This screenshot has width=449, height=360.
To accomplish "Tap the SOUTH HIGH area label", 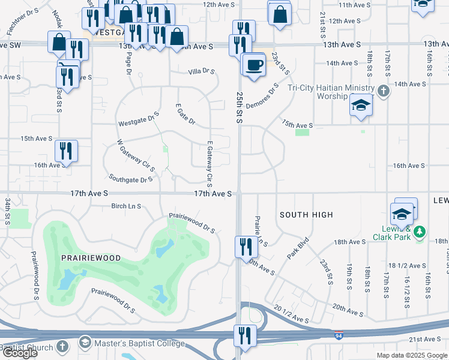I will pos(306,214).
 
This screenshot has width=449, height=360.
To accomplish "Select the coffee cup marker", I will pos(254,65).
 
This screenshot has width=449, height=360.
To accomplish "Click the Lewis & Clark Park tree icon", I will pos(421,231).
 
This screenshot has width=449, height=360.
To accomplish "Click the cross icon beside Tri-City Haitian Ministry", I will pos(384,92).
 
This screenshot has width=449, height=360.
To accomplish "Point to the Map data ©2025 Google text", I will pos(411,355).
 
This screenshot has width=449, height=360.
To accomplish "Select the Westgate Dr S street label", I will pos(139,118).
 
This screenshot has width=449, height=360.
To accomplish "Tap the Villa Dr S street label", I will pos(201,71).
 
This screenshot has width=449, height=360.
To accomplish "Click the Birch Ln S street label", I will pos(126,206).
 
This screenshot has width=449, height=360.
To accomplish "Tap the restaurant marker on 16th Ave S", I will pos(65,152).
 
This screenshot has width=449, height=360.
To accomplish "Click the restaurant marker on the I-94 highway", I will pos(244,337).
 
